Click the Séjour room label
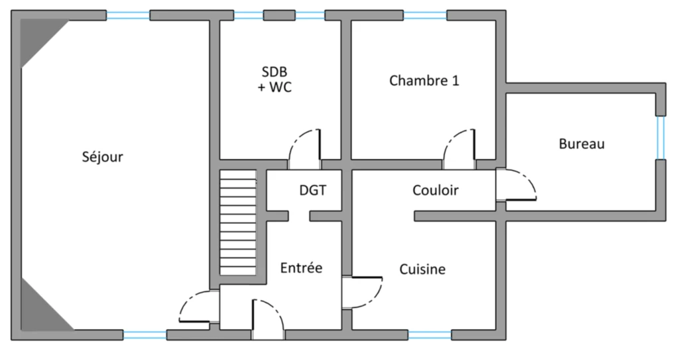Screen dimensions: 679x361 (102, 157)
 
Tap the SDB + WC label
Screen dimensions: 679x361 (275, 79)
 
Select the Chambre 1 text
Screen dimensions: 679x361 (424, 80)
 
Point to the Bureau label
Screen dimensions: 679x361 (582, 144)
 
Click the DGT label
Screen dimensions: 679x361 (313, 190)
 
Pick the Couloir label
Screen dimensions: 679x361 (435, 190)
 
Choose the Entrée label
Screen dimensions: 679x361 (301, 268)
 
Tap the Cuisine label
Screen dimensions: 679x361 (422, 269)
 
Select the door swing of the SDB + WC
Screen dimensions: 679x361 (305, 149)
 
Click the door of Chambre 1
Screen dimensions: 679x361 (459, 149)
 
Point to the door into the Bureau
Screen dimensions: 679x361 (516, 185)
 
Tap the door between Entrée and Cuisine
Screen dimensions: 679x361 (363, 292)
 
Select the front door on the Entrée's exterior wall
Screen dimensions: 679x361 (269, 319)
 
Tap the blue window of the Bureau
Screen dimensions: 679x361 (660, 138)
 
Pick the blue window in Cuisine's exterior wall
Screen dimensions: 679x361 (430, 335)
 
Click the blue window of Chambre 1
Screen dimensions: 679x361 (425, 16)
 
